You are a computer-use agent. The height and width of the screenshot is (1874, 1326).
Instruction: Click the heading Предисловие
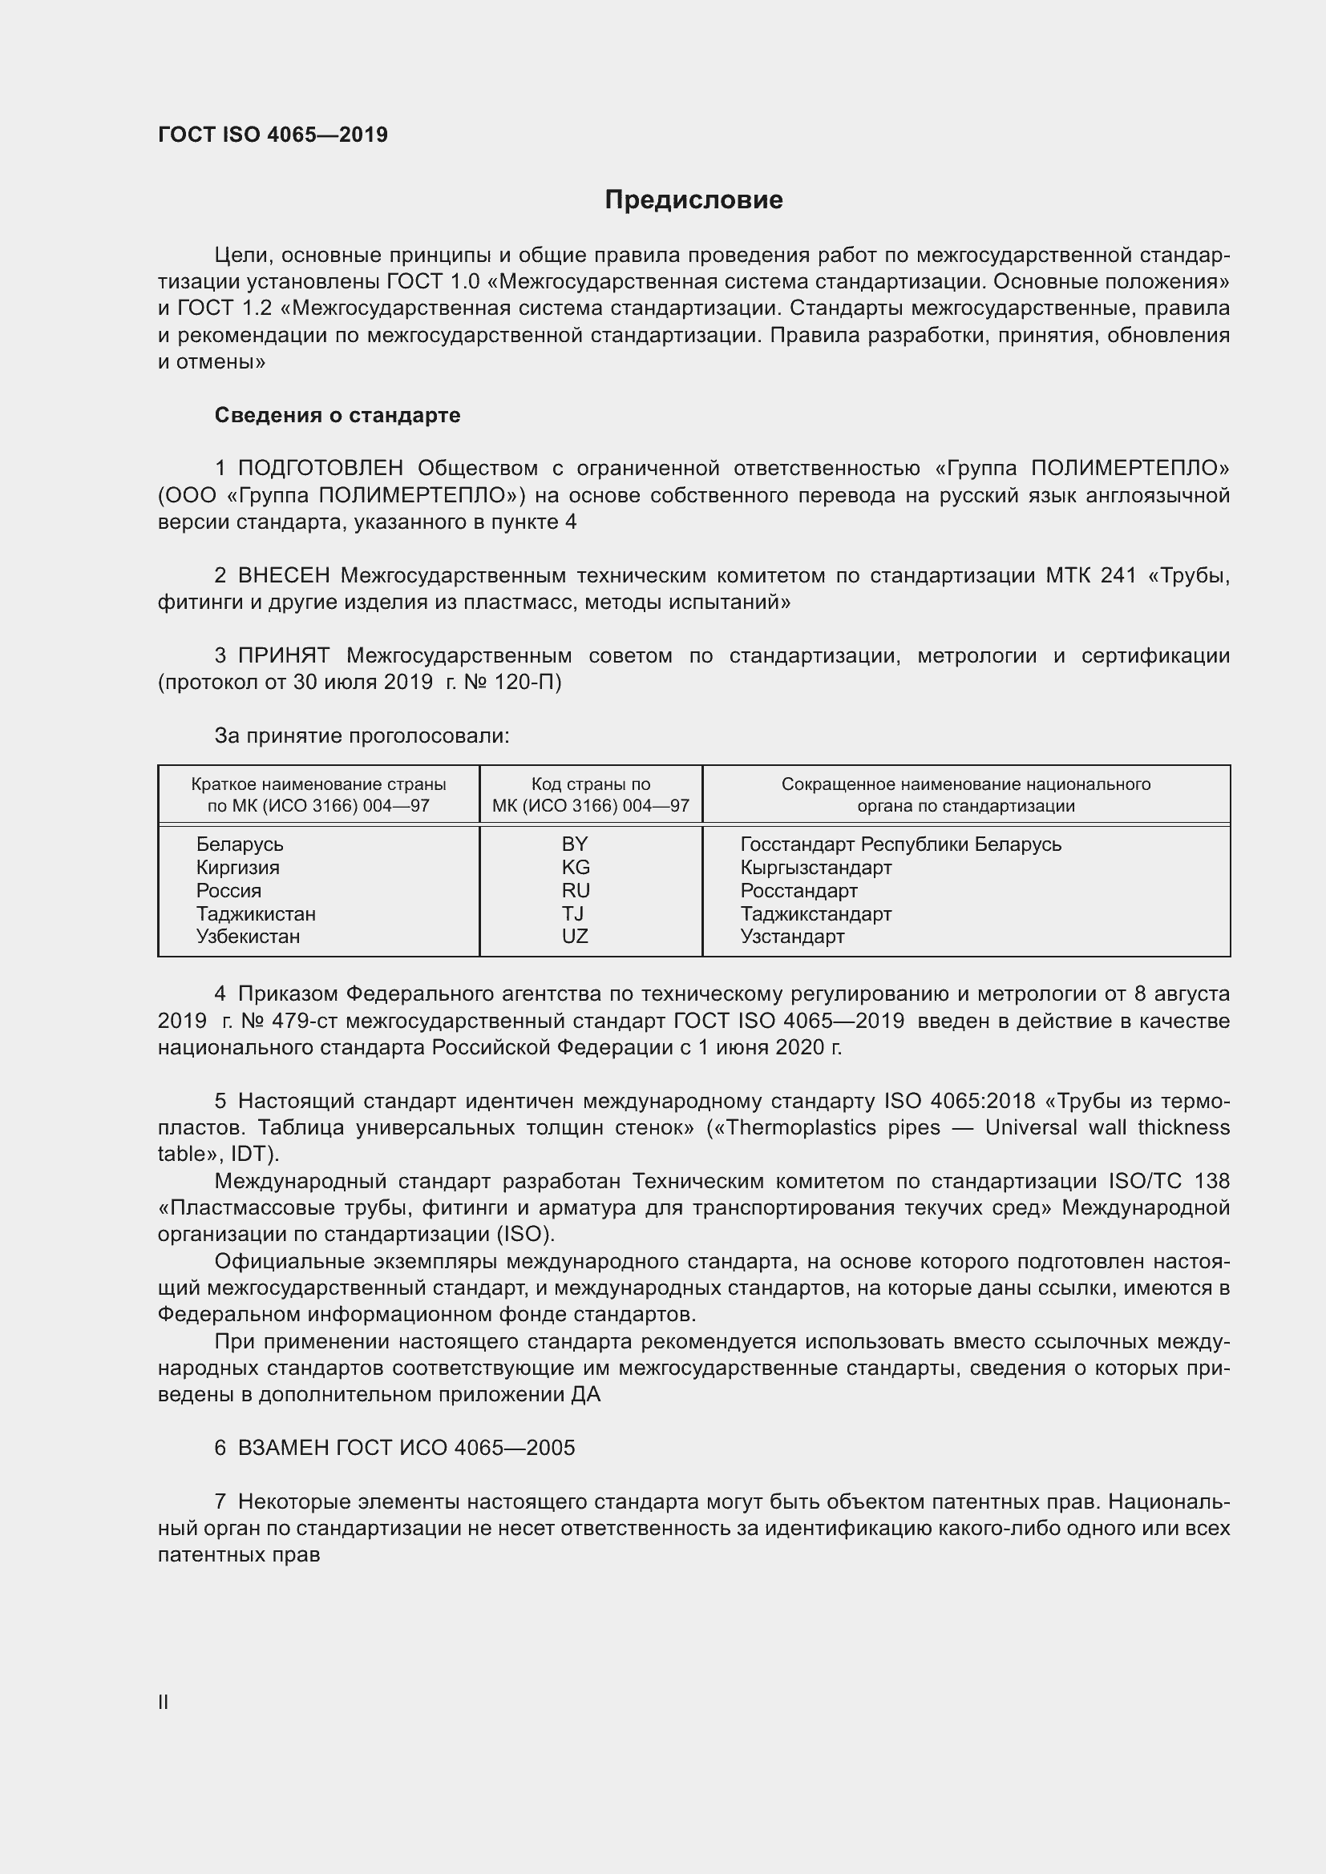click(x=693, y=200)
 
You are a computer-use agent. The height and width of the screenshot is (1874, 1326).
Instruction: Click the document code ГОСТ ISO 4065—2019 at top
click(x=273, y=135)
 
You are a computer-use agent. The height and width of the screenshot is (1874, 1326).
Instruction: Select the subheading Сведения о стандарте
click(x=338, y=416)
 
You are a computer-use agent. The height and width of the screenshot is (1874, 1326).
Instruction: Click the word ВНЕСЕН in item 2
click(x=283, y=576)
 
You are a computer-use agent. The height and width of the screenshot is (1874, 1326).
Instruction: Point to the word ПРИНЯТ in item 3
click(x=283, y=656)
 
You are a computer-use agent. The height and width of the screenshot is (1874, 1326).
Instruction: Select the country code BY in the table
click(x=575, y=844)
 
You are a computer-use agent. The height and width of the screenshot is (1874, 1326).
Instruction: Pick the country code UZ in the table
click(x=575, y=936)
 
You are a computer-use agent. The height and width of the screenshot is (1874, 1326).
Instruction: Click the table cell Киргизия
click(x=237, y=868)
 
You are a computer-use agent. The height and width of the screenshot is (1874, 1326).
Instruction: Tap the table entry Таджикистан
click(x=256, y=913)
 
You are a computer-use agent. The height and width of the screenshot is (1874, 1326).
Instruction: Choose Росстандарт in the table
click(x=798, y=890)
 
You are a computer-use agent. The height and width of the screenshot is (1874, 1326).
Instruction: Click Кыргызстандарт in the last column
click(x=815, y=868)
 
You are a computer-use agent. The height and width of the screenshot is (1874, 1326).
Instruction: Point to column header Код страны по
click(x=590, y=784)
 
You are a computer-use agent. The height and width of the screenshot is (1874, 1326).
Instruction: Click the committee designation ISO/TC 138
click(x=1168, y=1181)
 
